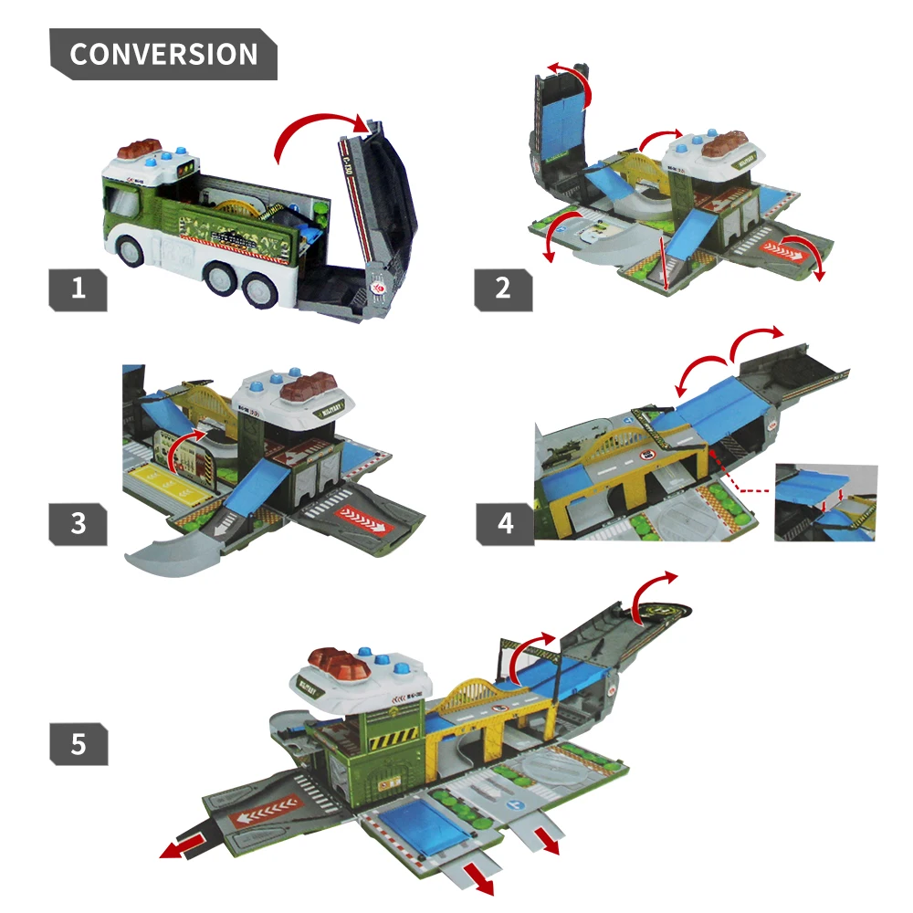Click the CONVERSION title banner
click(x=163, y=54)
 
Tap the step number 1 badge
click(x=78, y=289)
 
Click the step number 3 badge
click(x=78, y=522)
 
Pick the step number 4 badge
click(x=503, y=522)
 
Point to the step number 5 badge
click(x=78, y=744)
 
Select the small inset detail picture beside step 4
click(x=825, y=502)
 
